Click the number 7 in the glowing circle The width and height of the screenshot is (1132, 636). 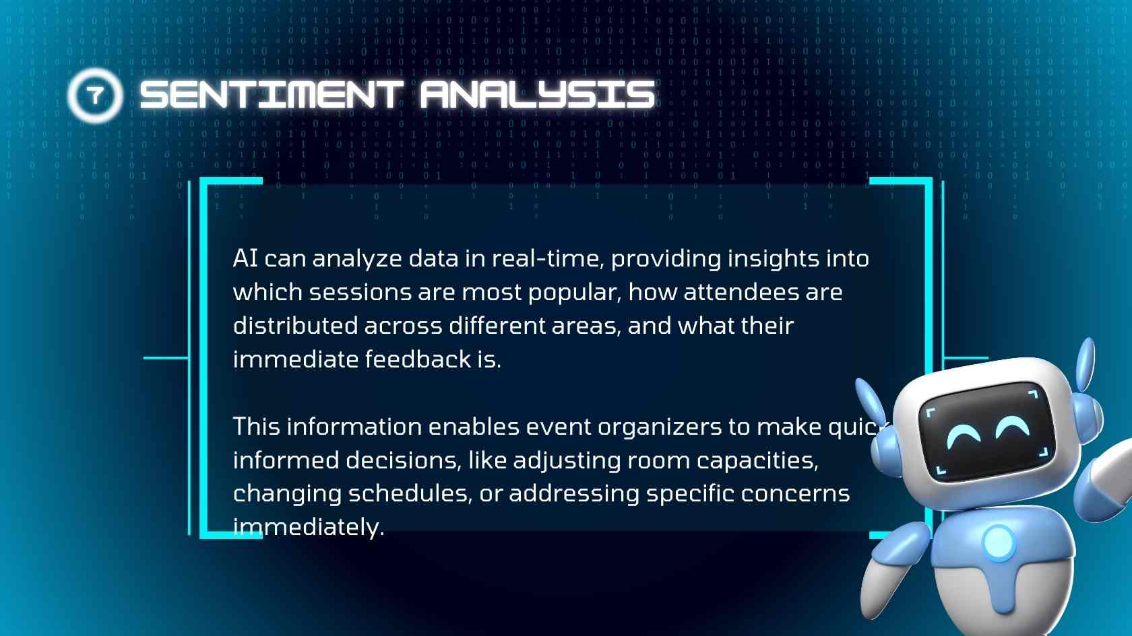(x=95, y=95)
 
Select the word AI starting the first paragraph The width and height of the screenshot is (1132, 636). (x=245, y=258)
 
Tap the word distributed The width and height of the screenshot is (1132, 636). (x=296, y=326)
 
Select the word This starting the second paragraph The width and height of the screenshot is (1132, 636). (x=257, y=427)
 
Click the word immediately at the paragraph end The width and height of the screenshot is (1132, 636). (x=309, y=528)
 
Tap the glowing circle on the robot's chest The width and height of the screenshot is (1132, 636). (x=998, y=542)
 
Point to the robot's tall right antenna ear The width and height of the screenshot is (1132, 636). (x=1086, y=365)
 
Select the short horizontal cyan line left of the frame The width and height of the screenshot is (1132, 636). (x=166, y=358)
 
